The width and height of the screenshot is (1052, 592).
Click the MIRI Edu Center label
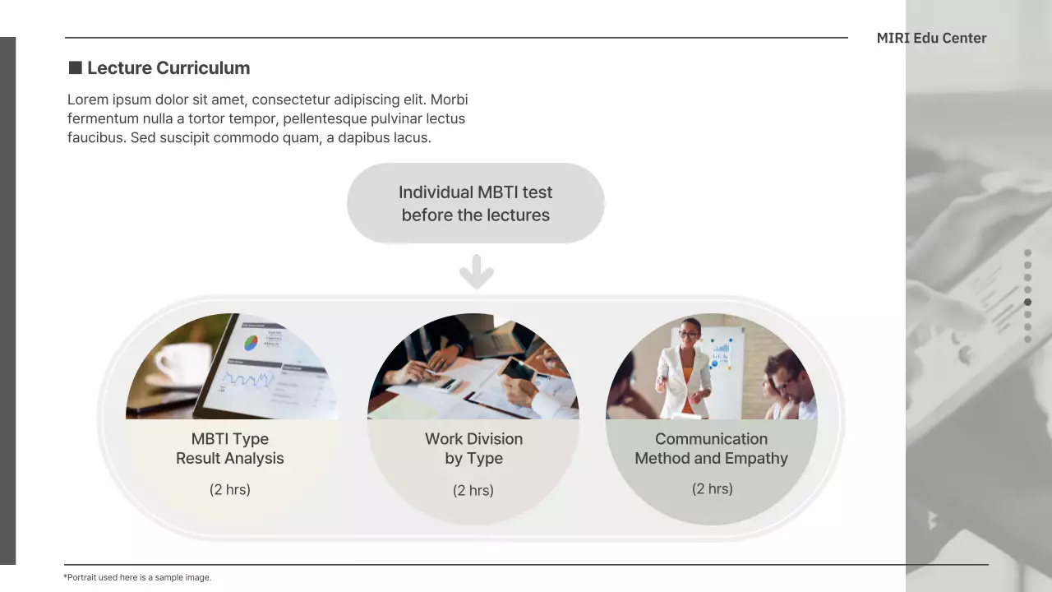pyautogui.click(x=931, y=38)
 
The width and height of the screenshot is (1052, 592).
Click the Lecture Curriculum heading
pyautogui.click(x=168, y=68)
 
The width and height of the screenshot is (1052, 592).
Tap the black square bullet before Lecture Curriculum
pyautogui.click(x=75, y=67)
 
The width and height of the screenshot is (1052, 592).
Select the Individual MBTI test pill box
pyautogui.click(x=475, y=203)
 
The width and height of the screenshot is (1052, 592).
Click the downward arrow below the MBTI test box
pyautogui.click(x=476, y=272)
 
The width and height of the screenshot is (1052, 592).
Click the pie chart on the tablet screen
pyautogui.click(x=251, y=342)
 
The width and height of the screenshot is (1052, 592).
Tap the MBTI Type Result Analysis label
pyautogui.click(x=230, y=449)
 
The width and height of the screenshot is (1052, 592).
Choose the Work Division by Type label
pyautogui.click(x=473, y=449)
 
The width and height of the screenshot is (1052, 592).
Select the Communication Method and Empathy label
pyautogui.click(x=711, y=449)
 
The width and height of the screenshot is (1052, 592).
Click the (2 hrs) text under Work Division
pyautogui.click(x=473, y=491)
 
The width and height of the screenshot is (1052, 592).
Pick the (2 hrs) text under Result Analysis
pyautogui.click(x=230, y=490)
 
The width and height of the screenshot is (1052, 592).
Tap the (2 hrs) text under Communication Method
pyautogui.click(x=712, y=489)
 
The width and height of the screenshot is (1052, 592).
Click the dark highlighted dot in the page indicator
pyautogui.click(x=1027, y=303)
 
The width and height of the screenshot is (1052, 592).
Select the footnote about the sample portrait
pyautogui.click(x=137, y=577)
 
